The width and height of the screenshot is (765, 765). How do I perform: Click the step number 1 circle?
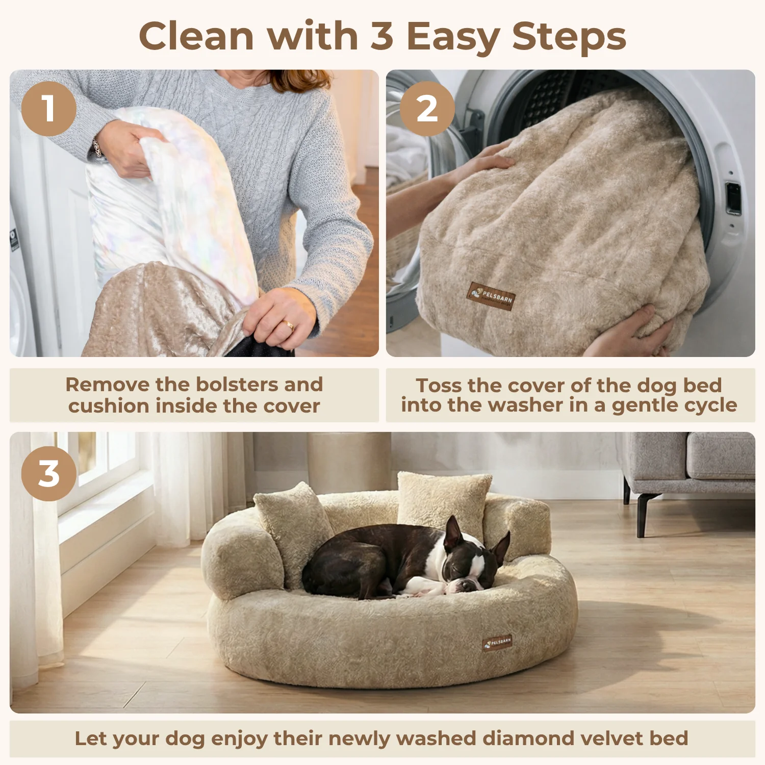point(49,109)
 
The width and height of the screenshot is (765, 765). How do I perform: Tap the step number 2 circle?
point(427,109)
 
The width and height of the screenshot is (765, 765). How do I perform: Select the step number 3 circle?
point(49,474)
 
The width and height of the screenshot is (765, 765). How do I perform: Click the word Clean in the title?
point(196,36)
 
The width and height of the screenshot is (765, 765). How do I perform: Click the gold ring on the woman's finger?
point(289,324)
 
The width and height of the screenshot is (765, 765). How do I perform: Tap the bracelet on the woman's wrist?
point(96,148)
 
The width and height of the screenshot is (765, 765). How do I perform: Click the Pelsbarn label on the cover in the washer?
point(491,296)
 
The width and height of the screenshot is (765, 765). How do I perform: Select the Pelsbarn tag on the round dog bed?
point(497,643)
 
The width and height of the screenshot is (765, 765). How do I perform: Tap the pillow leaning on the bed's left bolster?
point(293,530)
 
